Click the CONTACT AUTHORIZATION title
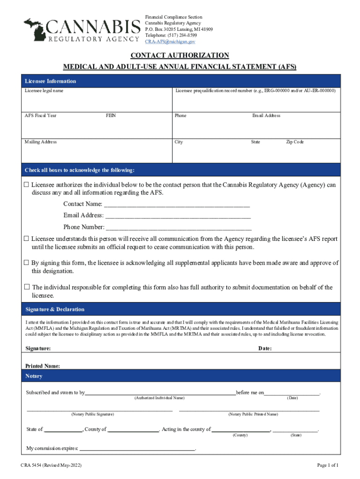click(180, 56)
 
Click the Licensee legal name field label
click(44, 91)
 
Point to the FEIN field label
click(111, 116)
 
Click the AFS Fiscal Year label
click(41, 116)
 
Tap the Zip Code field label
click(295, 142)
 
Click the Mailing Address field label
click(41, 142)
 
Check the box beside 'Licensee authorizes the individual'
click(27, 185)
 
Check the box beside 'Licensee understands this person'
click(27, 239)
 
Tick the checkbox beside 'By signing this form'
click(27, 263)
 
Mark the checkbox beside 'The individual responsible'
click(27, 287)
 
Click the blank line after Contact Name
click(177, 204)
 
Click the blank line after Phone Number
click(179, 228)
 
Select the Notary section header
click(34, 376)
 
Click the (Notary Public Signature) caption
click(92, 414)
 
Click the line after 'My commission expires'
click(137, 449)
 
